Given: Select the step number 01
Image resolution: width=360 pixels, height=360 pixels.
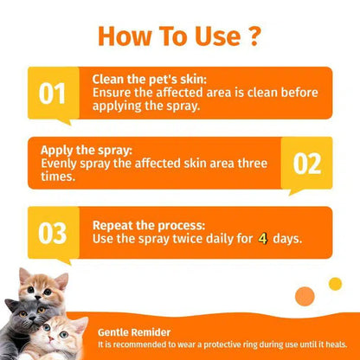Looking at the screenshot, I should (x=53, y=93).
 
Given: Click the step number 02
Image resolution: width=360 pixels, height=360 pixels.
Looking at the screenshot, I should (x=306, y=163).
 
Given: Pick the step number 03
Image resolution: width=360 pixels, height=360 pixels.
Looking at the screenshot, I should (x=53, y=233).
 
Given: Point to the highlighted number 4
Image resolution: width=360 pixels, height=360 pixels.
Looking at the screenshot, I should (x=262, y=237).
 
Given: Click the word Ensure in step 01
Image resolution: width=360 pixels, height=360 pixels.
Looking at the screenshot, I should (x=113, y=91).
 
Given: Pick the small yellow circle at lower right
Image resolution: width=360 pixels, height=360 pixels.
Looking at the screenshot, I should (x=335, y=284).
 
